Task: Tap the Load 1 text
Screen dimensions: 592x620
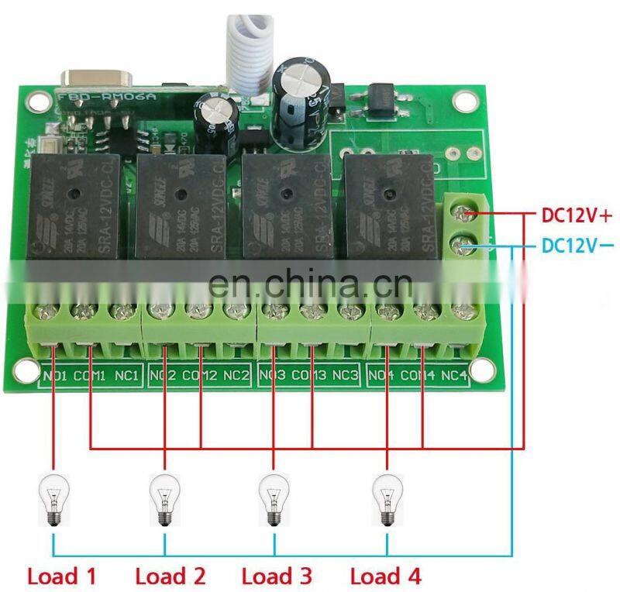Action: pos(62,576)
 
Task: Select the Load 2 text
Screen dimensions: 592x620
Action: pos(170,576)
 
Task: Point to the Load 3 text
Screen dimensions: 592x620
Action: pos(277,576)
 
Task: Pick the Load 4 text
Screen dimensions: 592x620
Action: pos(385,576)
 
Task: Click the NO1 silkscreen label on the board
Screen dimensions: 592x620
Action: pos(54,377)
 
